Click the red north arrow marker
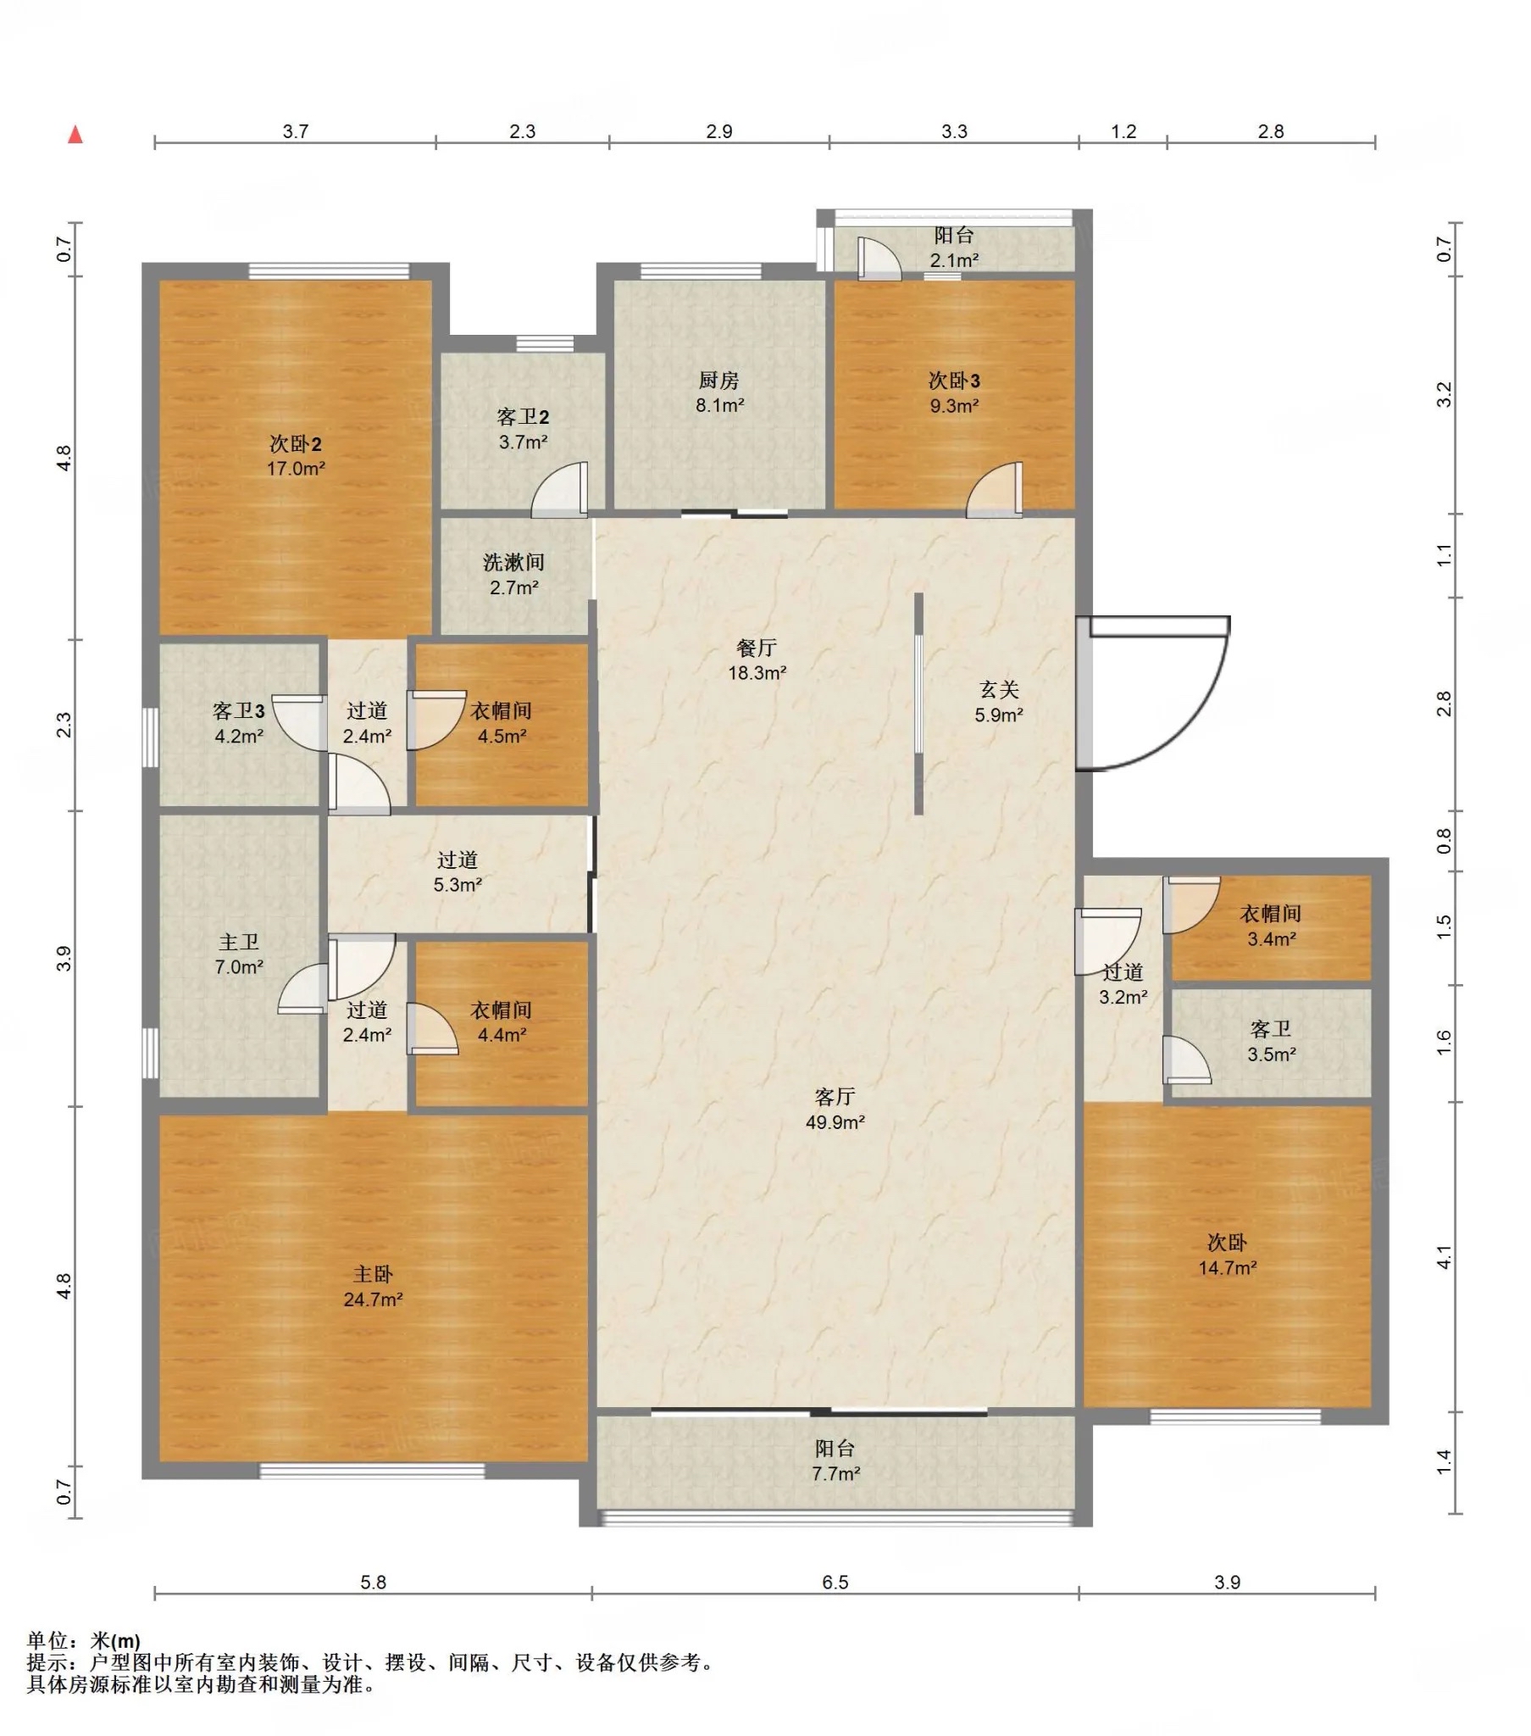75,134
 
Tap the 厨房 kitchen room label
719,380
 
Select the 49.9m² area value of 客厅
835,1122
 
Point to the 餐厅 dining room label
756,648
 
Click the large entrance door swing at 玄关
1153,694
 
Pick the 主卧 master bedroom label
373,1274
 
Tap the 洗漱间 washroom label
513,562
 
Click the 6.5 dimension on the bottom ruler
835,1583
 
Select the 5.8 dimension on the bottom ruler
373,1583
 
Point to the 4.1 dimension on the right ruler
1444,1257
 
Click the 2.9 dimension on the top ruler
718,131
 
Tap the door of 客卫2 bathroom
559,490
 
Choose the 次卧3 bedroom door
995,490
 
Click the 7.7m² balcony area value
835,1473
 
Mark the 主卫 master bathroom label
239,942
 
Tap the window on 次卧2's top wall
329,271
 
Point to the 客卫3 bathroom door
300,723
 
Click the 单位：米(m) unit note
83,1641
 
